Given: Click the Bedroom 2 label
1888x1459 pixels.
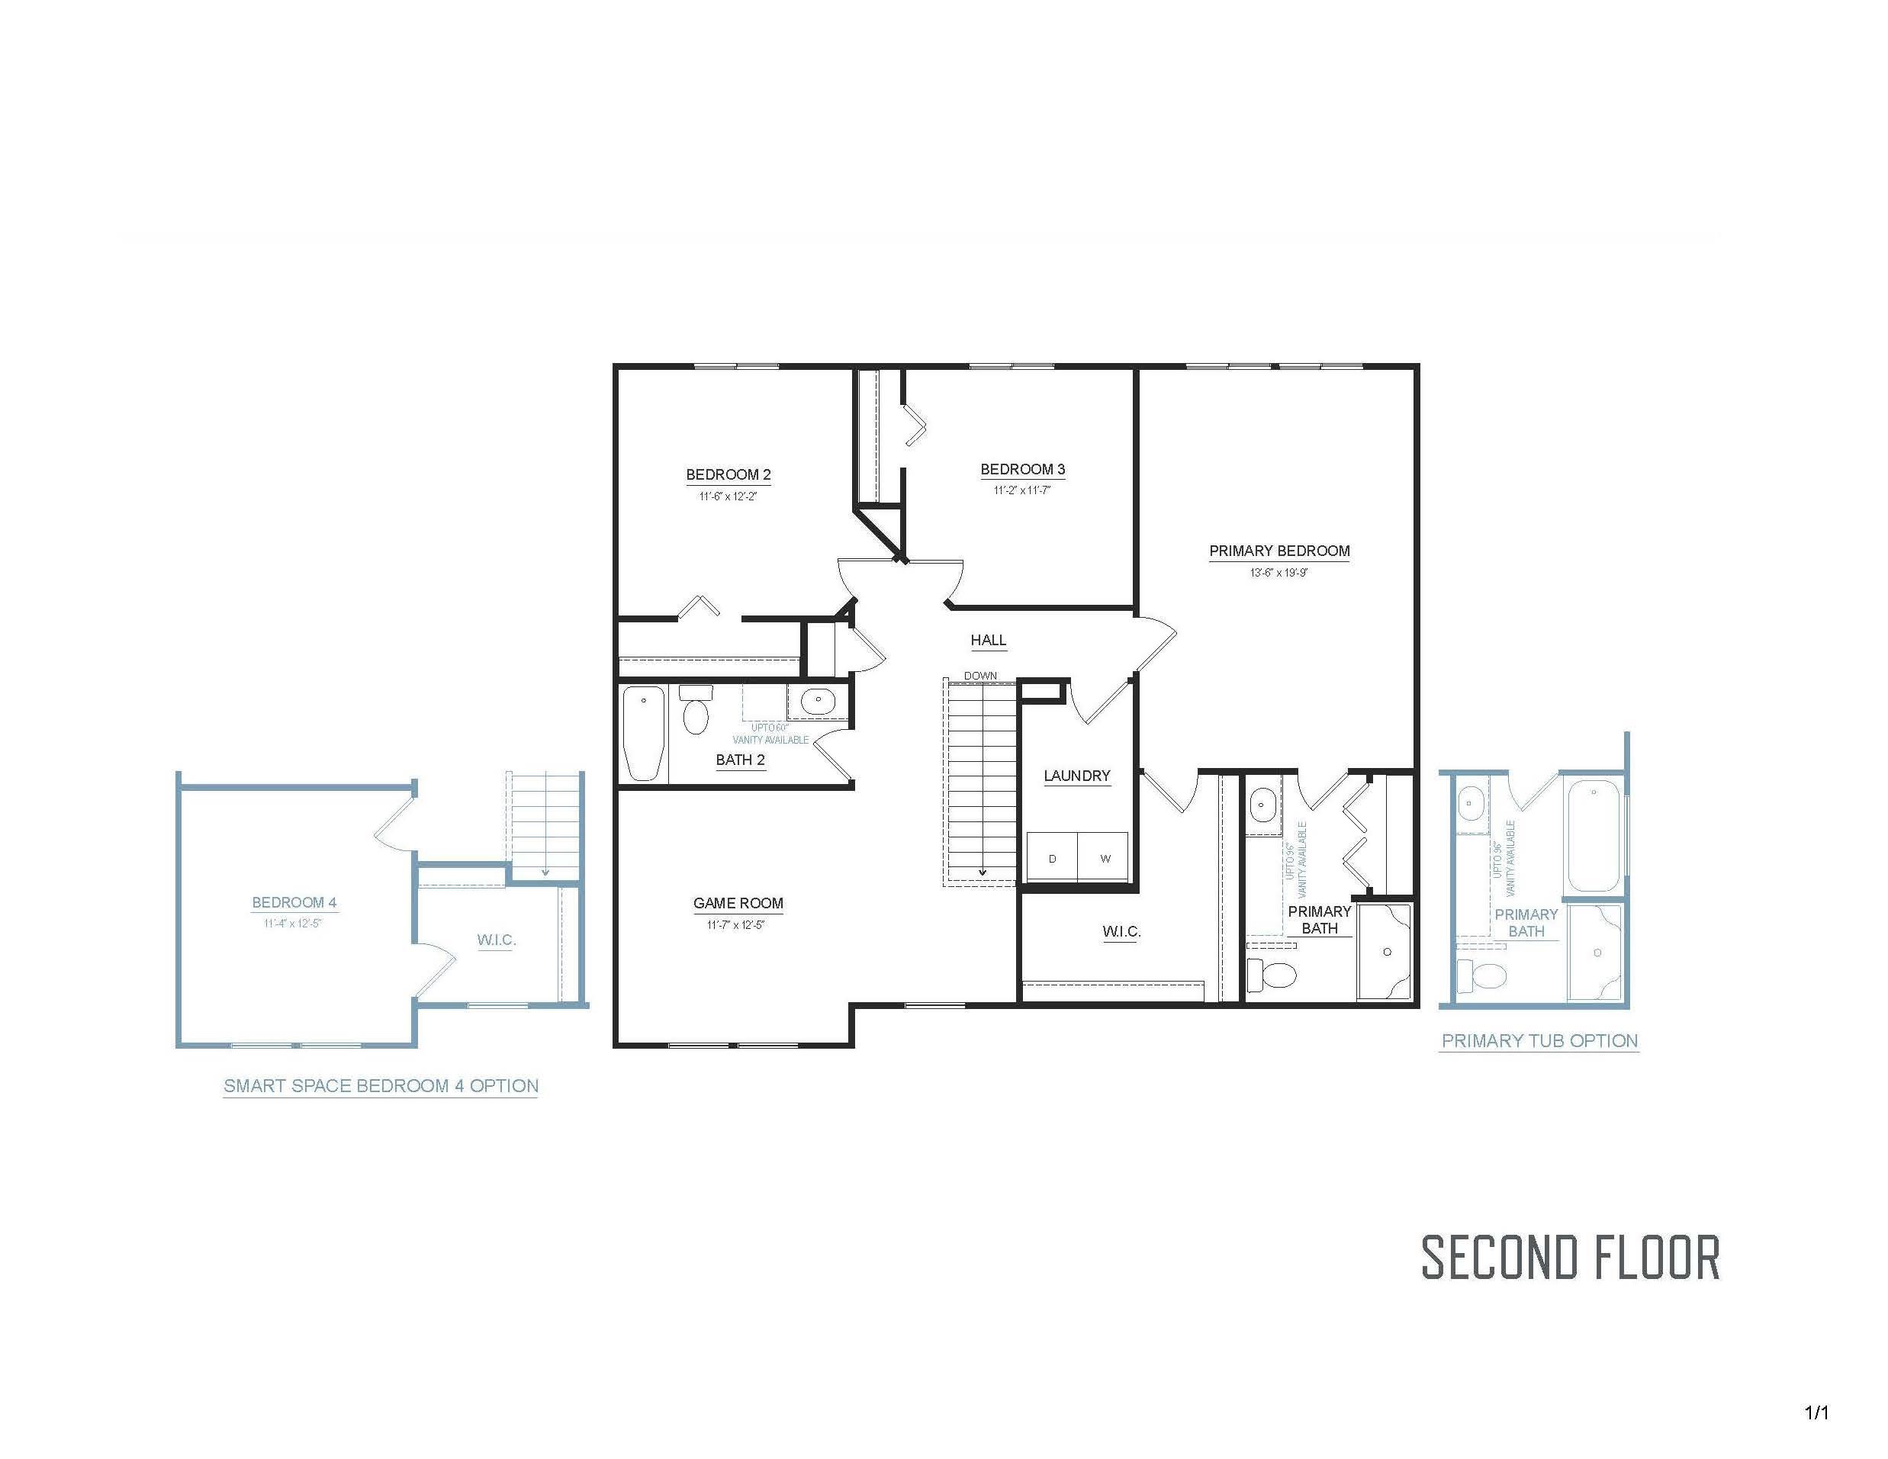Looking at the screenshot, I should pos(728,474).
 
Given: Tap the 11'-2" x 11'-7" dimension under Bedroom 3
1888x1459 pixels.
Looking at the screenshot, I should pos(1021,491).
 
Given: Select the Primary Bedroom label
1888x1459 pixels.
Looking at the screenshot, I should pos(1279,551).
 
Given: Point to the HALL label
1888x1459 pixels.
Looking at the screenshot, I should pos(988,641).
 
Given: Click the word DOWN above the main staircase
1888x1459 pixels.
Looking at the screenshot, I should pos(980,676).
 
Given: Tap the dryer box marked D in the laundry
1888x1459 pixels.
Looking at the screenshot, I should pos(1052,858).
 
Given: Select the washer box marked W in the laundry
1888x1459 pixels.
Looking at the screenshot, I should pos(1105,858).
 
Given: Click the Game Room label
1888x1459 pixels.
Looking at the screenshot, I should pos(738,903).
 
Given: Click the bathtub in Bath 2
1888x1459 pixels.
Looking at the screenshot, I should pos(644,733).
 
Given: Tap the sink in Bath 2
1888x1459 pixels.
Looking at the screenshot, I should pos(817,700).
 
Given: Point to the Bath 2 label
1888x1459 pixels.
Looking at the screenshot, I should pos(740,760).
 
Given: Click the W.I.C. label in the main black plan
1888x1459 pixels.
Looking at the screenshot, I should pos(1121,932).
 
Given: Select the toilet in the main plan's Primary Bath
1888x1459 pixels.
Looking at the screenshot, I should pos(1273,974).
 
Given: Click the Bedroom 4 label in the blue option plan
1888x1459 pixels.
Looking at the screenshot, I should pos(294,902).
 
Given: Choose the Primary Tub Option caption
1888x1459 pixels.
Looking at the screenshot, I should pos(1539,1040).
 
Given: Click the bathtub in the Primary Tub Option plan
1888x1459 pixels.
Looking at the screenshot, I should pos(1594,835).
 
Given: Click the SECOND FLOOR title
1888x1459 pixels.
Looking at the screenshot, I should pos(1570,1258).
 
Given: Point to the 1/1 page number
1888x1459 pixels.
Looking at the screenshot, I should pos(1816,1413).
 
